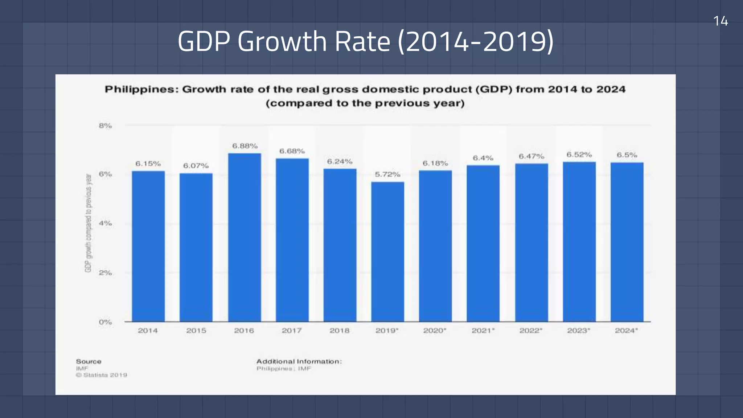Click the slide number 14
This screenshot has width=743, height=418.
(721, 21)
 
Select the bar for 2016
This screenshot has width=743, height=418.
(244, 238)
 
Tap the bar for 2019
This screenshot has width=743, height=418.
(387, 252)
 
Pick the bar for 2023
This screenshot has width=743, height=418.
(579, 242)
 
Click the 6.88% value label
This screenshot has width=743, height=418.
(245, 146)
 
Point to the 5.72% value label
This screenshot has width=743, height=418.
(387, 175)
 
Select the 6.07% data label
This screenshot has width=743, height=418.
(196, 166)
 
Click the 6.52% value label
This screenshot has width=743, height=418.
(579, 155)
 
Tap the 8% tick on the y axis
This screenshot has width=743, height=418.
(105, 126)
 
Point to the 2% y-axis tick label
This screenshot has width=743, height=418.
(105, 272)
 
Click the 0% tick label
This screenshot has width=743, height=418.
(105, 322)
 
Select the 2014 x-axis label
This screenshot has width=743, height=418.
(148, 331)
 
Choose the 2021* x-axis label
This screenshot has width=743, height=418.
(483, 331)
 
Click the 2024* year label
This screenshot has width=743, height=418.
(626, 331)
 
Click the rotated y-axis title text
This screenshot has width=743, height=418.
(88, 223)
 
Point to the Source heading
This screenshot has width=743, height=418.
(89, 361)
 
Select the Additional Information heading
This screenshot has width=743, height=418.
(299, 361)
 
